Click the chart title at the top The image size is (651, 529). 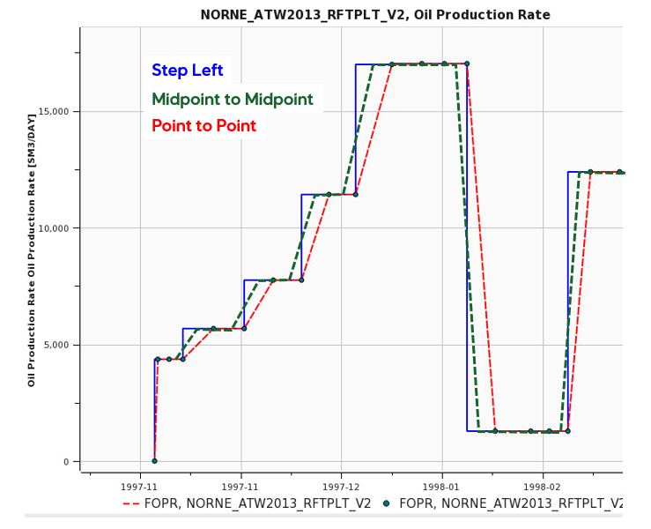click(x=375, y=15)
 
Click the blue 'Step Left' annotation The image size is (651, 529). click(x=187, y=71)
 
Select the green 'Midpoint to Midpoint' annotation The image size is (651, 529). click(x=233, y=100)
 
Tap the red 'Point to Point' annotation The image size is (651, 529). click(x=203, y=126)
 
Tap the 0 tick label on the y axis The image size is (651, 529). click(x=64, y=462)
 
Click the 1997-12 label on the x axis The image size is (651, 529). click(x=341, y=486)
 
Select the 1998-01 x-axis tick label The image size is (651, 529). click(x=441, y=486)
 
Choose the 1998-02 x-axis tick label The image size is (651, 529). click(x=542, y=486)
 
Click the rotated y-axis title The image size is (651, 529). click(x=32, y=250)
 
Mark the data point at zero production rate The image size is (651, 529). click(x=154, y=460)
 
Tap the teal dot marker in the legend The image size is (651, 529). click(x=386, y=504)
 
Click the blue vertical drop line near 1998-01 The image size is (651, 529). click(x=467, y=264)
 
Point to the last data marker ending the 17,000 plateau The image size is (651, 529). click(x=467, y=63)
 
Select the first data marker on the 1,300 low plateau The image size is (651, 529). click(x=495, y=431)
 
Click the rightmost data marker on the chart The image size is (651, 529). click(x=619, y=172)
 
